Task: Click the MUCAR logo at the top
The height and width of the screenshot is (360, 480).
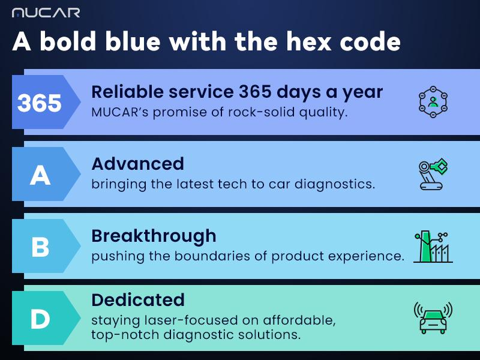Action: click(46, 13)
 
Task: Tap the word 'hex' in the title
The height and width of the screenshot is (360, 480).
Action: click(309, 41)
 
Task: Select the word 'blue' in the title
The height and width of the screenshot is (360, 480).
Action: click(133, 41)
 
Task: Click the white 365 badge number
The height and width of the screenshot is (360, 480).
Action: click(39, 103)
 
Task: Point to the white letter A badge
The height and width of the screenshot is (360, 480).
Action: click(40, 175)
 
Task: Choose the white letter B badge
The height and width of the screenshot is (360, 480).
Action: click(40, 247)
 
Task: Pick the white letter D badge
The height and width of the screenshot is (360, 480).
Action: click(40, 319)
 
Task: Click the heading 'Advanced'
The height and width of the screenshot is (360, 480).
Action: click(138, 164)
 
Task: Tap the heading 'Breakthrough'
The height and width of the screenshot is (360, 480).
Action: click(154, 236)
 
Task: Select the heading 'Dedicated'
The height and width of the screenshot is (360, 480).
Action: click(138, 299)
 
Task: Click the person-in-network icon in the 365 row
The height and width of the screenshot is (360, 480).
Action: click(433, 102)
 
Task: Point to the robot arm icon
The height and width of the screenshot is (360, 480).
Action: click(433, 174)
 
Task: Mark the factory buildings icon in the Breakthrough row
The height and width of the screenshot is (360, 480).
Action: click(433, 247)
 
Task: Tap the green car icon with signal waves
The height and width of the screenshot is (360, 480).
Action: click(433, 318)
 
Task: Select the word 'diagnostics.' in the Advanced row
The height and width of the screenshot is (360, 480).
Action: click(335, 184)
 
